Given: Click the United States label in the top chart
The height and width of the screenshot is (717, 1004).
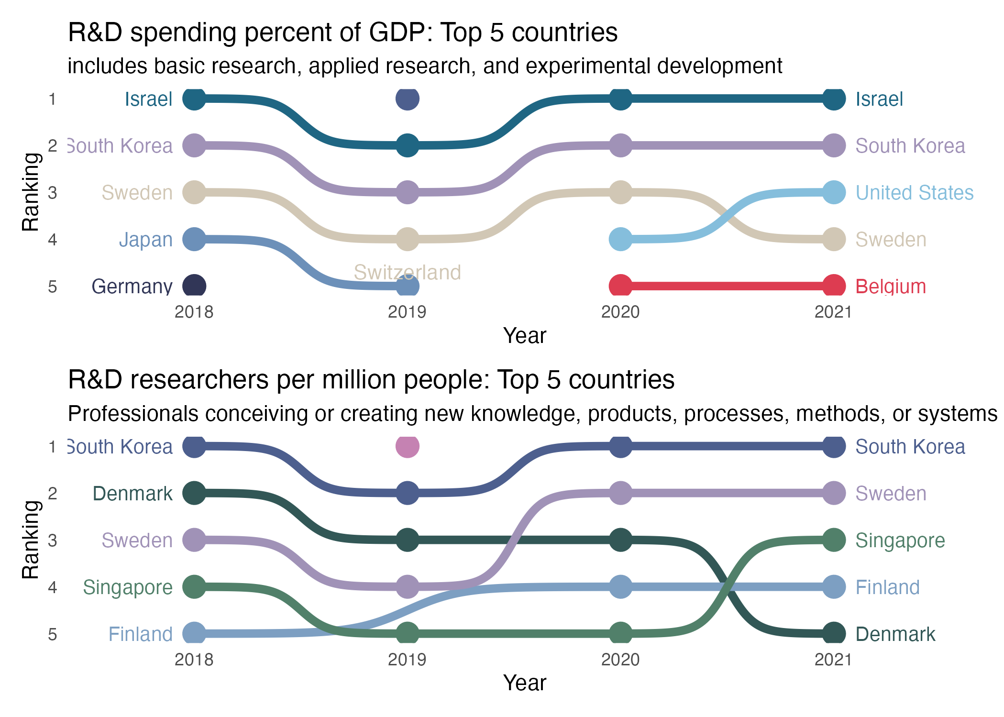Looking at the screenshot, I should click(x=914, y=193).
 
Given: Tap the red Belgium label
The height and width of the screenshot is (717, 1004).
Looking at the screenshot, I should click(x=891, y=287).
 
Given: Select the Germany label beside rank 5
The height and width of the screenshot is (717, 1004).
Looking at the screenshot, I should click(x=132, y=287).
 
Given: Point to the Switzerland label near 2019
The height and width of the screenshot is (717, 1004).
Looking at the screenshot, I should click(x=407, y=272).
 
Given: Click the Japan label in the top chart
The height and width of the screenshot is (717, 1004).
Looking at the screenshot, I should click(x=145, y=240).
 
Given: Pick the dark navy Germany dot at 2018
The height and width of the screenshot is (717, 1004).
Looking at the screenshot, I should click(x=194, y=286).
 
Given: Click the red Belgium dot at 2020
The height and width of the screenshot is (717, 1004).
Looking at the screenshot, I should click(x=620, y=286).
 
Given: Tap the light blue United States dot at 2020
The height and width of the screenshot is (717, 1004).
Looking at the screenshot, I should click(x=620, y=239).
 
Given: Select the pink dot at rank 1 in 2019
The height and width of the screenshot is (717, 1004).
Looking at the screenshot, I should click(x=408, y=446).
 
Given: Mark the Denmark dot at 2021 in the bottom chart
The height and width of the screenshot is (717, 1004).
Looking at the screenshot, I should click(x=834, y=634).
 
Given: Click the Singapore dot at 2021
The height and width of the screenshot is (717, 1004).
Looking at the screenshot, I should click(x=834, y=540).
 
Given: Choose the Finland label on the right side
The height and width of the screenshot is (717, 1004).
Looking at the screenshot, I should click(x=887, y=587).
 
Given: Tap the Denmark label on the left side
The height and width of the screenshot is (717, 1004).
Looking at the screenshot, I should click(x=132, y=494).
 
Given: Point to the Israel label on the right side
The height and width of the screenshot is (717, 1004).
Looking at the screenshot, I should click(x=879, y=99).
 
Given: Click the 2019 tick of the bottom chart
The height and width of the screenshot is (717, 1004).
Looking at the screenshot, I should click(x=407, y=660).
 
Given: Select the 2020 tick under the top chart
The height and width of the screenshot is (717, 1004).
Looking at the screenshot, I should click(x=620, y=312).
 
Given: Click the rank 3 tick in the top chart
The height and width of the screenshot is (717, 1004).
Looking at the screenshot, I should click(x=53, y=193).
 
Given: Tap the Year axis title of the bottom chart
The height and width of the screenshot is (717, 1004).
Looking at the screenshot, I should click(x=524, y=683).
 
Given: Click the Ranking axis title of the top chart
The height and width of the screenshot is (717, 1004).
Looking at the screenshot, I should click(x=31, y=192).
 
